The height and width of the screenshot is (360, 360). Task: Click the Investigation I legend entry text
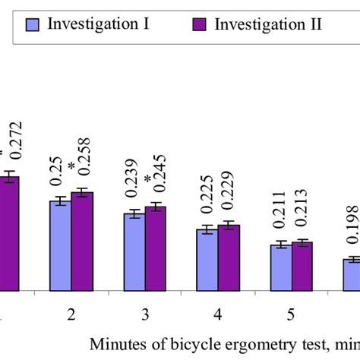(98, 23)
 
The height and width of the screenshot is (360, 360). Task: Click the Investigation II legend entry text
(268, 23)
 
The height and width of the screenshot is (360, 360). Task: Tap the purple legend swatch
(201, 23)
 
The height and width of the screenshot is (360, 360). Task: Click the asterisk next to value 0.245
(149, 180)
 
